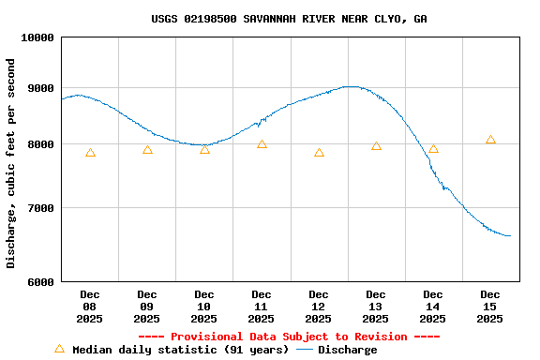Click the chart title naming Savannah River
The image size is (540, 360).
click(289, 19)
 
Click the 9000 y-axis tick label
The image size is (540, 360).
click(42, 88)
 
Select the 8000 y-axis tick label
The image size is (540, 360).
click(42, 144)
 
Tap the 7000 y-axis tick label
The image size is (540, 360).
click(42, 208)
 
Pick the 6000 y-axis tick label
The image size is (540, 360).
click(42, 281)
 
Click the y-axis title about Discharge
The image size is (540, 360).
click(11, 163)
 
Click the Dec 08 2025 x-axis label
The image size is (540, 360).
click(90, 307)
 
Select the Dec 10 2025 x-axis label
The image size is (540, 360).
click(204, 307)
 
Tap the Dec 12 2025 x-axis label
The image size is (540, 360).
click(319, 307)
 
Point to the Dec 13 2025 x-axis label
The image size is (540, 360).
click(376, 307)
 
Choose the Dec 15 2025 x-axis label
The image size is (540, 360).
click(490, 307)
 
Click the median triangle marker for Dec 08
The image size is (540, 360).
click(90, 152)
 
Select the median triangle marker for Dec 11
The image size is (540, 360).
click(262, 143)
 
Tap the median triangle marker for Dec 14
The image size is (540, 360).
click(433, 148)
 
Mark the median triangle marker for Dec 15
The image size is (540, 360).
click(490, 140)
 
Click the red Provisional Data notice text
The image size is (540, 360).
click(289, 337)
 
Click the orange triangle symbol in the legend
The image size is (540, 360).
click(59, 349)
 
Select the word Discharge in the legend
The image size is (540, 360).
click(347, 350)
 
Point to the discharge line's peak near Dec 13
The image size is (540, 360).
click(351, 86)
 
